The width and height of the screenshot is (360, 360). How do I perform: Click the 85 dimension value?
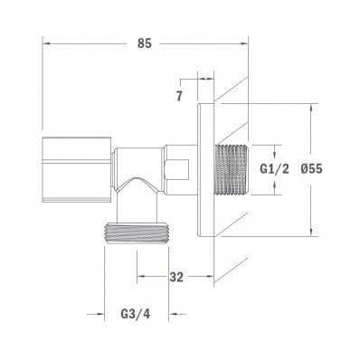coord(145,43)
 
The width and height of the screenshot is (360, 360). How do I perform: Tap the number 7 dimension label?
coord(179,96)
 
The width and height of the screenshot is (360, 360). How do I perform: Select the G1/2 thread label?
coord(274,169)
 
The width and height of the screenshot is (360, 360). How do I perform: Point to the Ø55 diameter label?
coord(311,168)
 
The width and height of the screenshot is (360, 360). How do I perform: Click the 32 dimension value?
coord(176,277)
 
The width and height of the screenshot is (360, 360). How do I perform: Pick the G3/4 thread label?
coord(136,314)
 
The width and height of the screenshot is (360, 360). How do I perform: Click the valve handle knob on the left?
coord(77,169)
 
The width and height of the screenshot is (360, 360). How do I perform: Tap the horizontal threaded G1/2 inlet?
coord(231,169)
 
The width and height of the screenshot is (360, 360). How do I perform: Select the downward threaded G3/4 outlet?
coord(136,232)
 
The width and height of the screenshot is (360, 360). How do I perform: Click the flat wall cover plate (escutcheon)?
coord(206,170)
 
